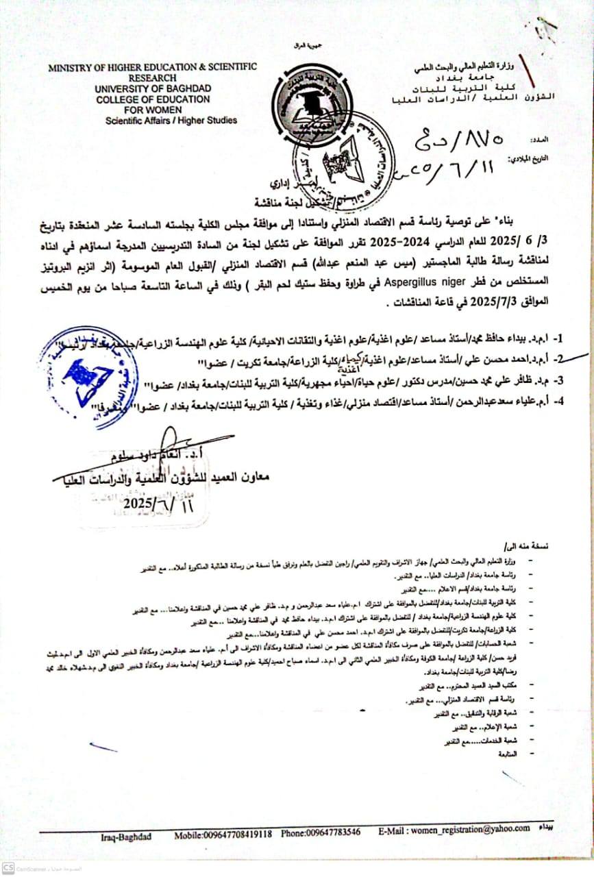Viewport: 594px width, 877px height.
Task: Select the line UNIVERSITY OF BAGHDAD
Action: (153, 88)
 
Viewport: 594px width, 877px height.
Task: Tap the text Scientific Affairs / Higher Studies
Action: (171, 120)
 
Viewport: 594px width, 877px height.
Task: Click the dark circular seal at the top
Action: (306, 106)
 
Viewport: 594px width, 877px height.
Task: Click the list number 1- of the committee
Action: (558, 338)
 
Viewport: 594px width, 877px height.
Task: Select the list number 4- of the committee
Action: (558, 402)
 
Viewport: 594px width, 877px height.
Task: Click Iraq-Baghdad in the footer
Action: (126, 836)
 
